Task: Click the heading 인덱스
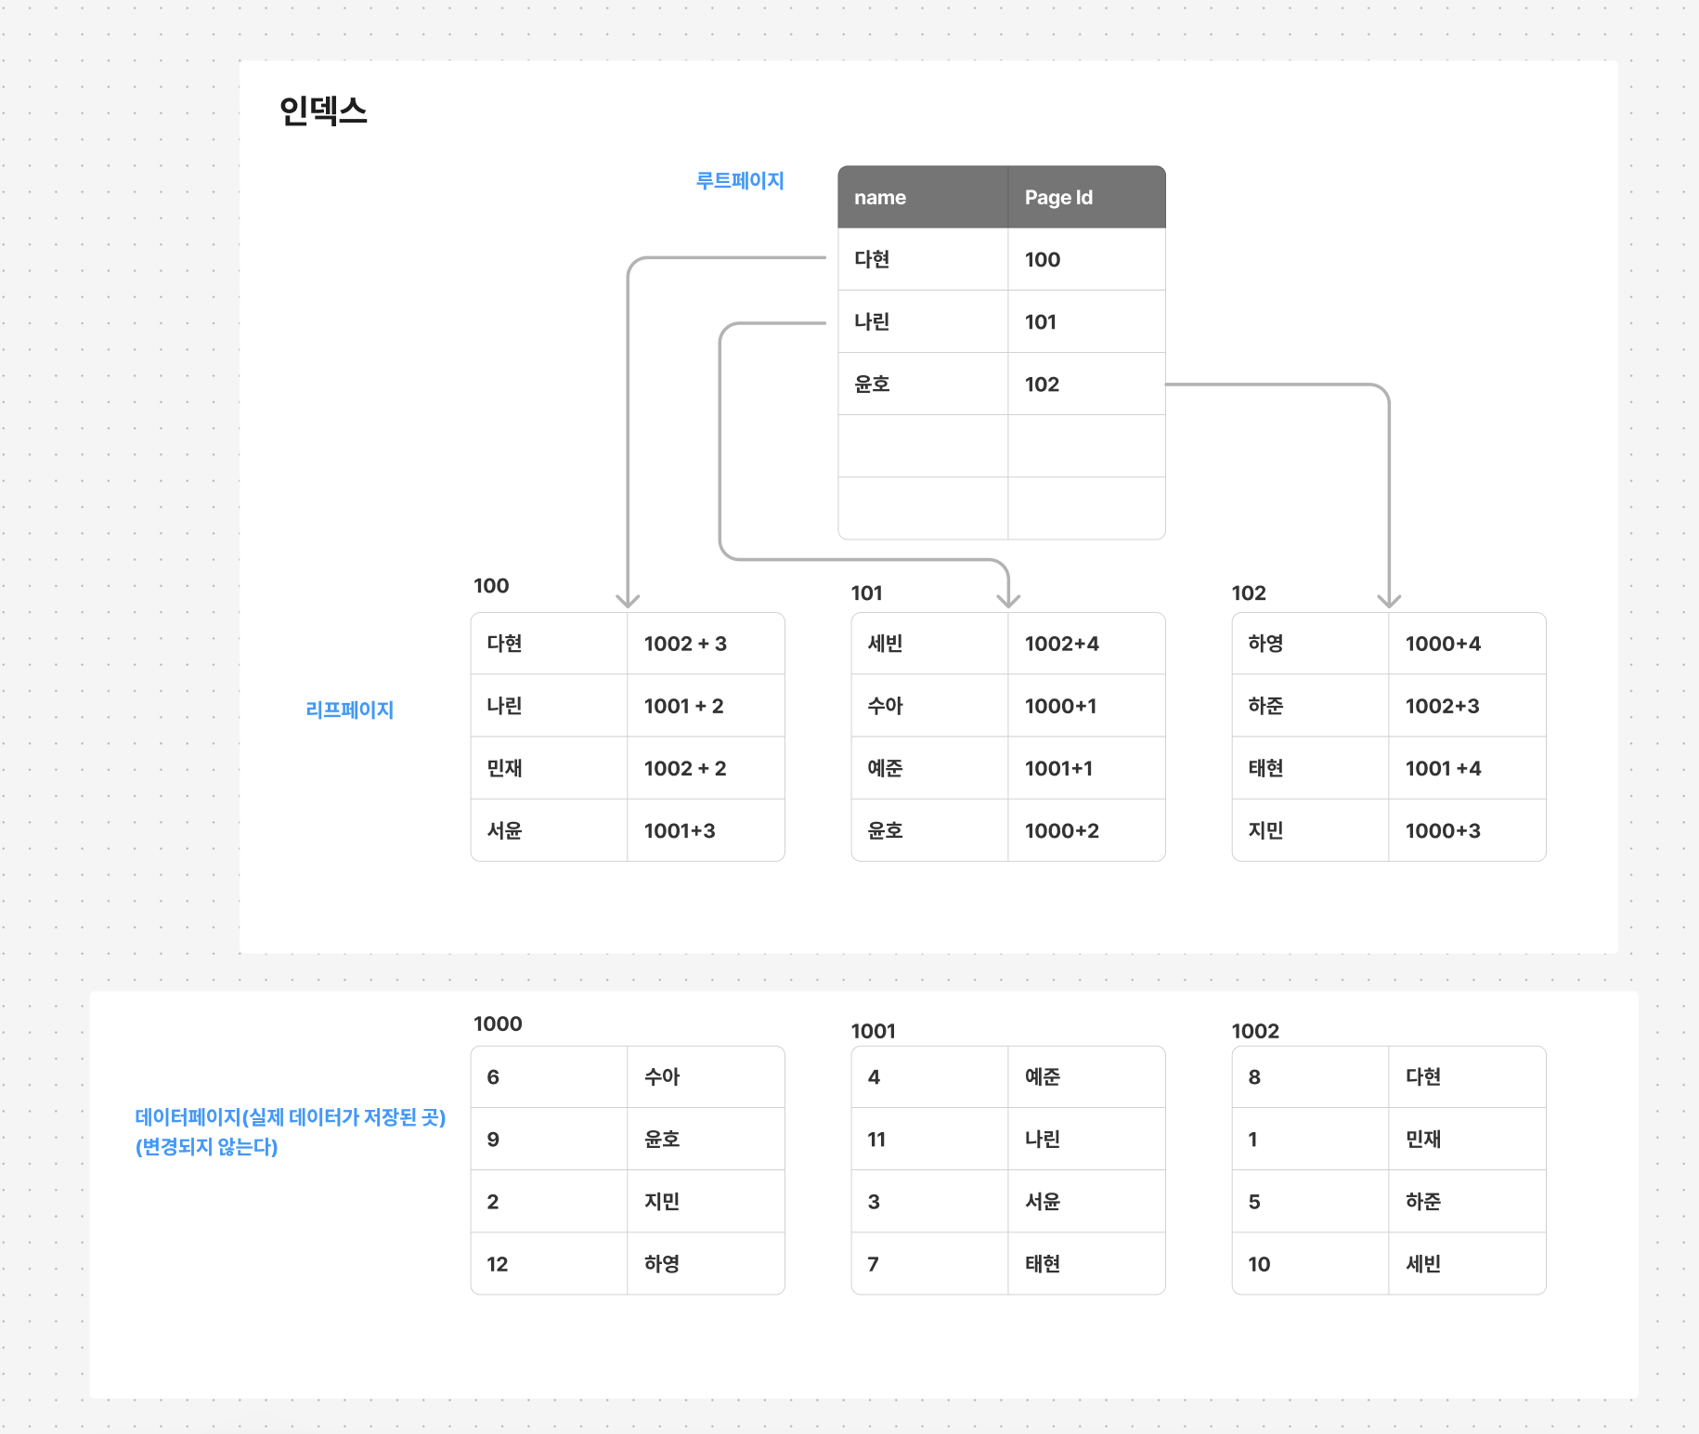323,111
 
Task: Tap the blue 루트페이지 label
740,180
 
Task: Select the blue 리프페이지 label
349,710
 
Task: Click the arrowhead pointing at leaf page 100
628,601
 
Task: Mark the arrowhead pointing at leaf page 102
1389,601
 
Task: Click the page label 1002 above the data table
1255,1031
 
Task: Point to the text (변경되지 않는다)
207,1147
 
